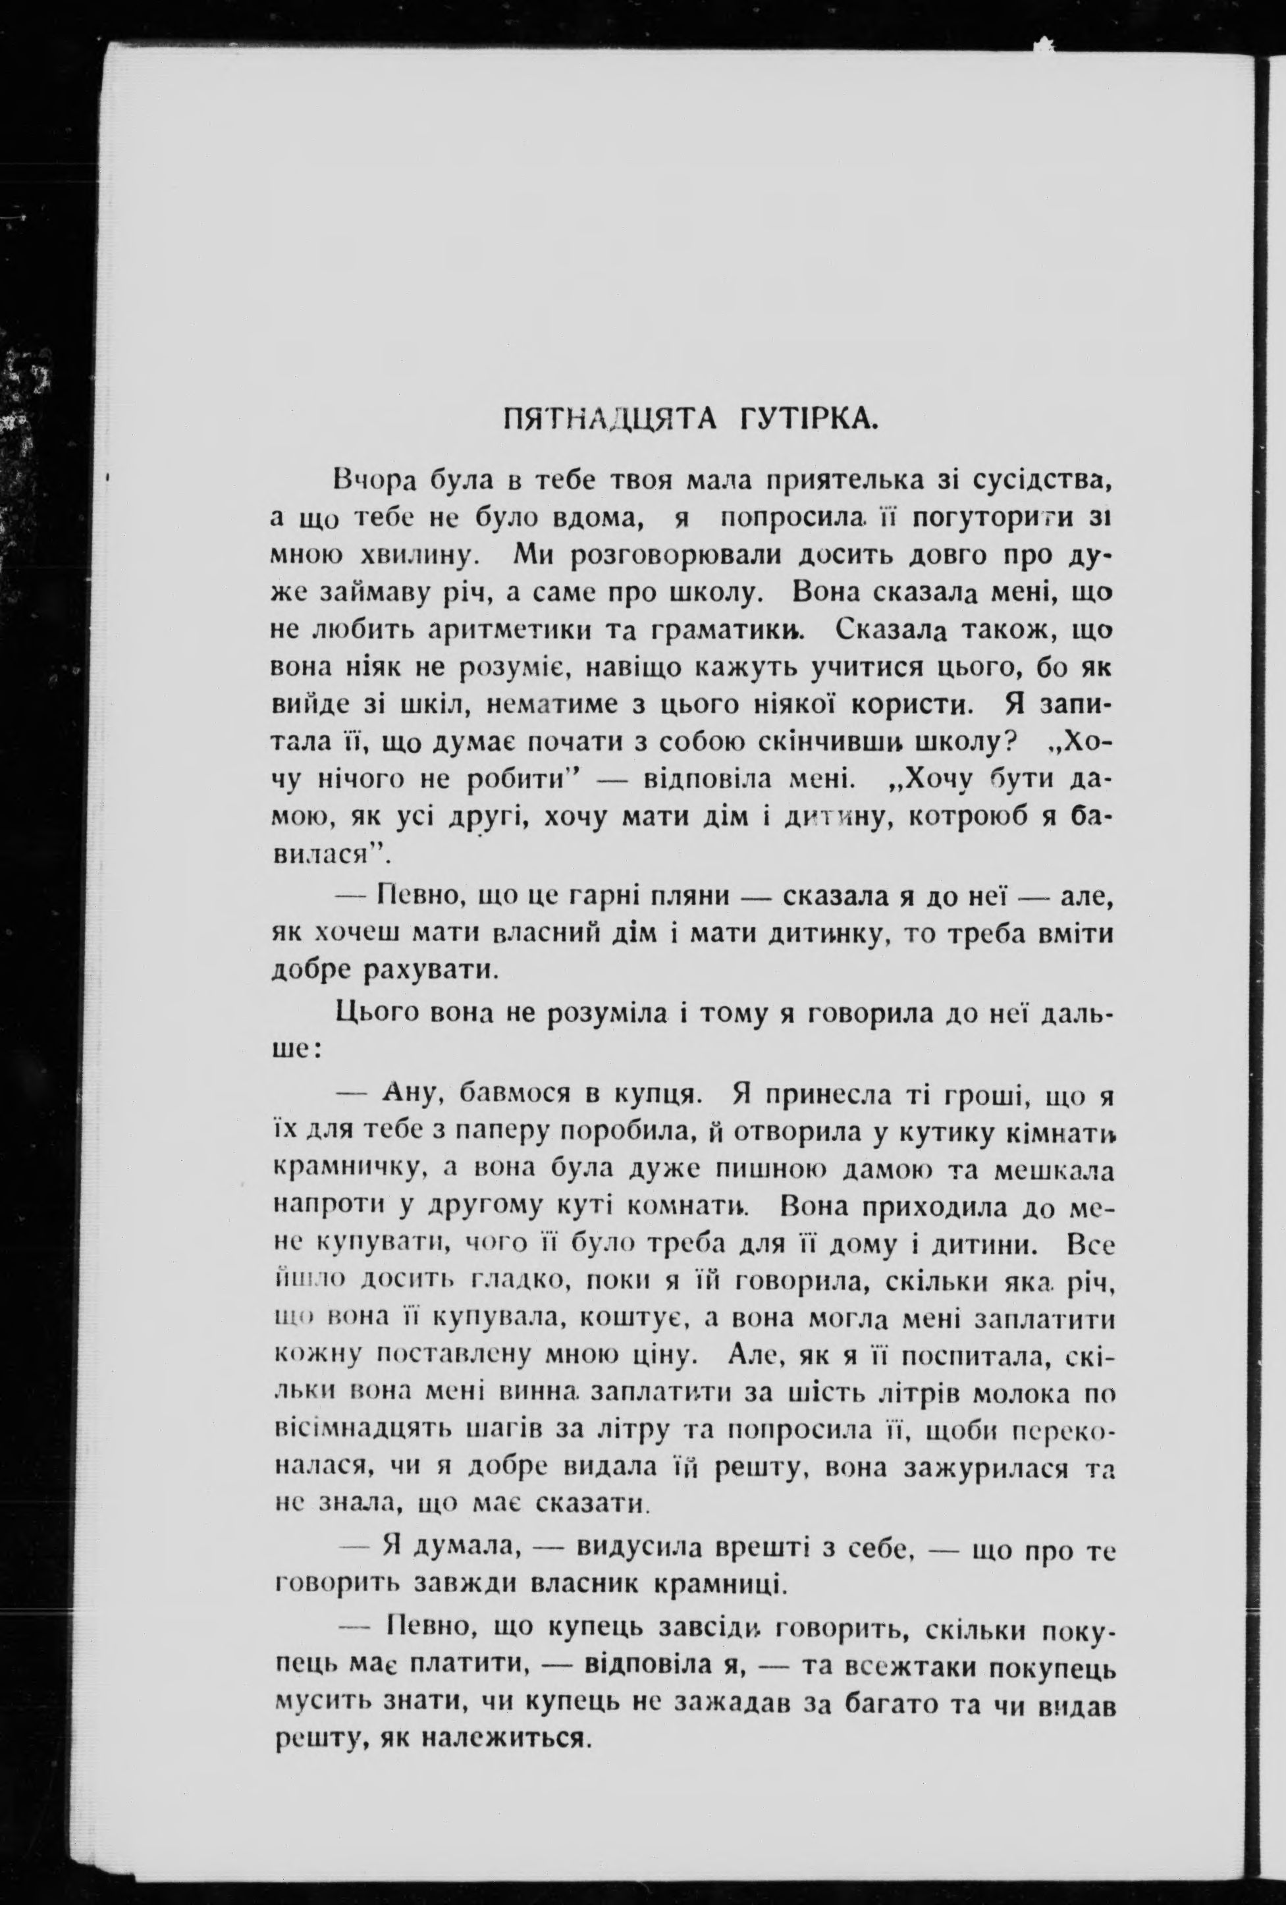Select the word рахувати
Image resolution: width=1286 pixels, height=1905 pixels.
coord(429,971)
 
